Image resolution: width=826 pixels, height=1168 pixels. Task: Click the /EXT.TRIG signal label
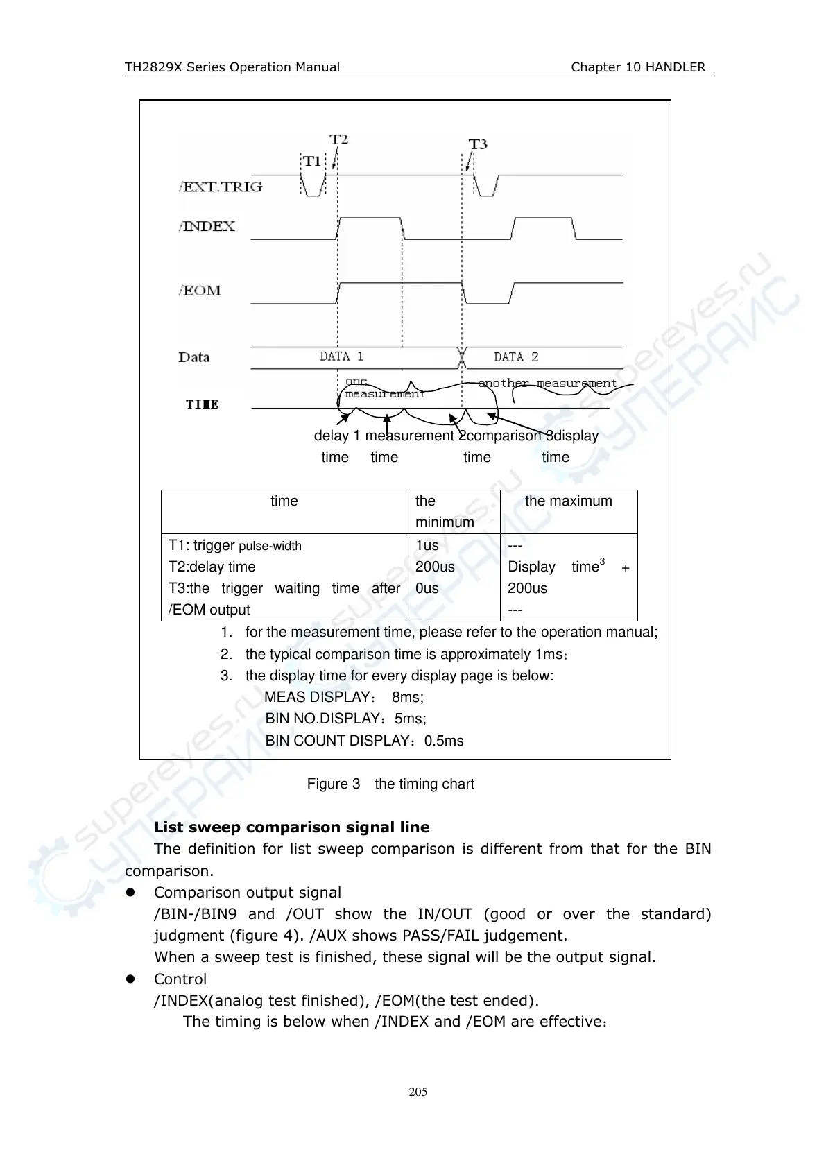tap(221, 187)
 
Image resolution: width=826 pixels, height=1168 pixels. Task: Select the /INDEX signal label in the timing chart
tap(207, 226)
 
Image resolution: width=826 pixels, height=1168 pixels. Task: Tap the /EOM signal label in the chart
tap(200, 291)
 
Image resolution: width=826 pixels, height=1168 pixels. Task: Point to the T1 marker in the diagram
tap(312, 161)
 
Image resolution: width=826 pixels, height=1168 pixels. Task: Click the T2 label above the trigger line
tap(338, 139)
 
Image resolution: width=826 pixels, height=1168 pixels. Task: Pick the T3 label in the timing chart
tap(478, 144)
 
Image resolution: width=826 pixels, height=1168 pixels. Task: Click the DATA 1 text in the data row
tap(341, 357)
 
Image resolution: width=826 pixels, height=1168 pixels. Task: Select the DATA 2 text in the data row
tap(516, 357)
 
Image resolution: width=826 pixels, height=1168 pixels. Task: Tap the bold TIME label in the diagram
tap(202, 404)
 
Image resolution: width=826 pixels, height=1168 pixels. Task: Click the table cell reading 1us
tap(427, 545)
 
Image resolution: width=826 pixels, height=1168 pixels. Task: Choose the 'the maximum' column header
tap(568, 501)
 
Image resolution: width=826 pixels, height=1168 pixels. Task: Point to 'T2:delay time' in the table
tap(212, 567)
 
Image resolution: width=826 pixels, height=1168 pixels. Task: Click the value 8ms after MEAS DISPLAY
tap(407, 697)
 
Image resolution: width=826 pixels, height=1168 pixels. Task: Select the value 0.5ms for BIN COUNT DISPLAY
tap(444, 741)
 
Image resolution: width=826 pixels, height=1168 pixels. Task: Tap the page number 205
tap(418, 1092)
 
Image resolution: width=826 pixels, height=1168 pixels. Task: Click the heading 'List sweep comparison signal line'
tap(291, 827)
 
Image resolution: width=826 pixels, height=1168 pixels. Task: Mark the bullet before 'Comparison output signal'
tap(129, 893)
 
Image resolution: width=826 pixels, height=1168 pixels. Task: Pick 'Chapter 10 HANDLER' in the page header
tap(638, 67)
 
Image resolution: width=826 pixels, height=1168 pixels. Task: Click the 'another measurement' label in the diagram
tap(547, 383)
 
